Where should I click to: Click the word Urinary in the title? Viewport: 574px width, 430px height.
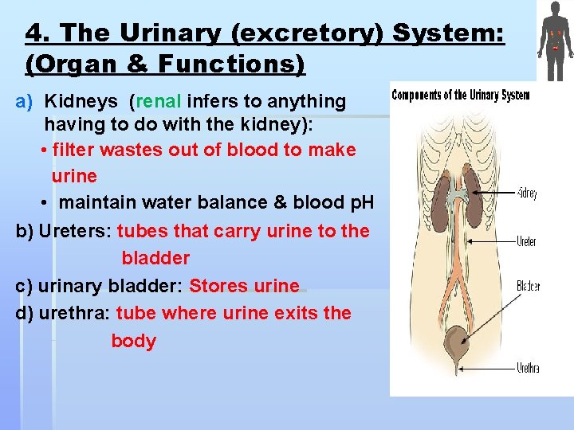163,33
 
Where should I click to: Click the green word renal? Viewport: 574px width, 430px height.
159,101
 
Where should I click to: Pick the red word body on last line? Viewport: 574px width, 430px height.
133,341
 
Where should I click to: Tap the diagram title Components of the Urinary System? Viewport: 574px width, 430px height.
460,96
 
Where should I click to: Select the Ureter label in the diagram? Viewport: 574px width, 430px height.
526,241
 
